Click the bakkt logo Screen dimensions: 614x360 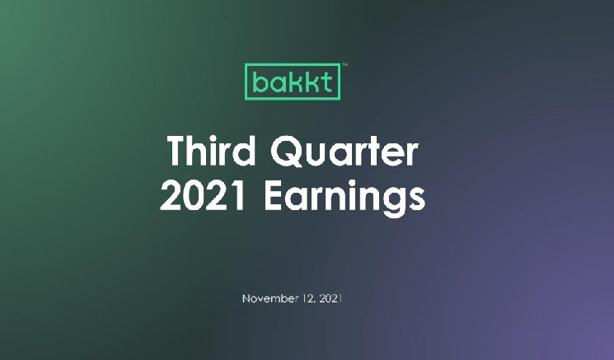[293, 82]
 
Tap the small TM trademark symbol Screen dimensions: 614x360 [345, 64]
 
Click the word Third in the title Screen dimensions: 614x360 [212, 150]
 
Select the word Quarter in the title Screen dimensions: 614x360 [344, 151]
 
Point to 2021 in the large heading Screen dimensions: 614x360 [204, 195]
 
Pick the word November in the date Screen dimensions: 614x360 [270, 298]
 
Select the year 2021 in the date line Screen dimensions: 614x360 [330, 298]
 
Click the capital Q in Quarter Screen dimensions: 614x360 [287, 151]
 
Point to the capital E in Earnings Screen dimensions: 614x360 [274, 195]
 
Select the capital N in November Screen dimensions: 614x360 [246, 299]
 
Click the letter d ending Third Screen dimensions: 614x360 [245, 151]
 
